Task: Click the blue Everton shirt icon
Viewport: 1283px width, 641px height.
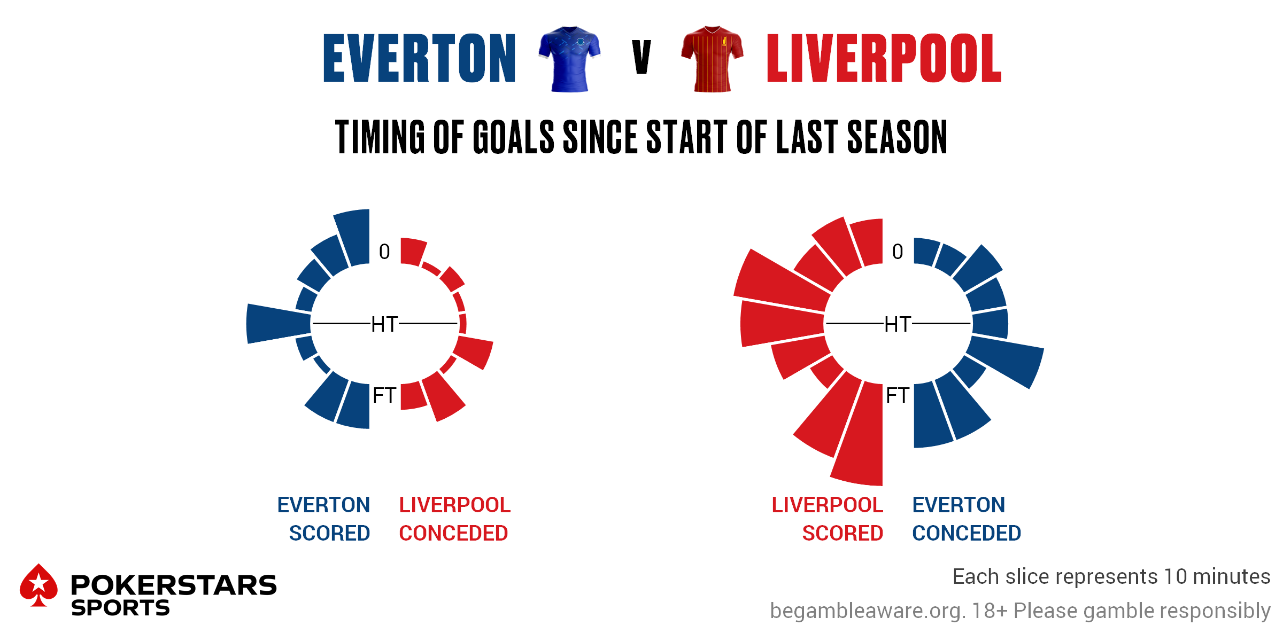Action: [569, 59]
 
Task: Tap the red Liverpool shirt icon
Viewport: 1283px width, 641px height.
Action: [712, 59]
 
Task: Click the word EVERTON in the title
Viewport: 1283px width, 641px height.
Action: [420, 58]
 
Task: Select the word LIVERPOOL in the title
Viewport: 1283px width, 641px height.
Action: [884, 58]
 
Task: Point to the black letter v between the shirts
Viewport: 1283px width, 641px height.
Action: [641, 57]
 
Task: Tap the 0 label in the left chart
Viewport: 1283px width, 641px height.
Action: [384, 252]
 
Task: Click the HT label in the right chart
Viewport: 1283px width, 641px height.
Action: [898, 324]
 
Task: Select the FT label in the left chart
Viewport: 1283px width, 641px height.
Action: [384, 395]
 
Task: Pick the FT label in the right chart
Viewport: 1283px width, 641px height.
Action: [898, 395]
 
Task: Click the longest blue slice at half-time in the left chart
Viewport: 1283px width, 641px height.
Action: [278, 324]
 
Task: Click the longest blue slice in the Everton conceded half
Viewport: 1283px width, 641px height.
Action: [1005, 361]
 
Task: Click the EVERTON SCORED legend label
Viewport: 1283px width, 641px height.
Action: [323, 519]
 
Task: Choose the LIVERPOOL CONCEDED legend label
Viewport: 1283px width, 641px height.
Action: [455, 519]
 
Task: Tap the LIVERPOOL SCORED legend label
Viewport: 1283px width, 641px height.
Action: [828, 519]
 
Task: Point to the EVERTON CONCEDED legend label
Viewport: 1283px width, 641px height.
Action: [967, 519]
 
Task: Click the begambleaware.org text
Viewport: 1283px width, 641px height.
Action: [868, 611]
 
